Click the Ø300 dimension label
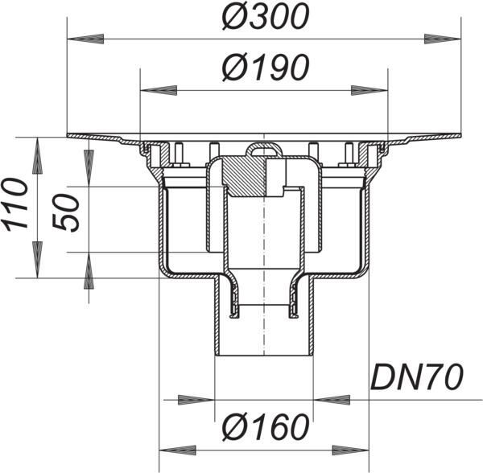click(265, 17)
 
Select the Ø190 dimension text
click(265, 68)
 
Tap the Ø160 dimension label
click(265, 427)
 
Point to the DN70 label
click(417, 376)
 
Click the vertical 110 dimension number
click(15, 205)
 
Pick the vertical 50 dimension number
click(66, 212)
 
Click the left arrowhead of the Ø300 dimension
click(85, 39)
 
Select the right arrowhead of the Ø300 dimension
click(443, 39)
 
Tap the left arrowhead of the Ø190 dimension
click(159, 90)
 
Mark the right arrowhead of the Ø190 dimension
click(369, 90)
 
